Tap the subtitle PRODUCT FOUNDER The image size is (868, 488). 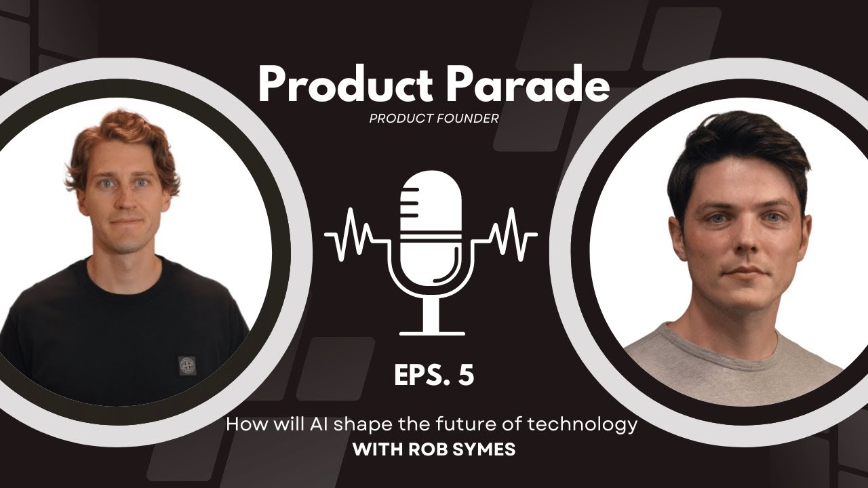434,119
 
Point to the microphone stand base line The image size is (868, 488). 432,333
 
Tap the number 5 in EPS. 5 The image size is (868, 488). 465,376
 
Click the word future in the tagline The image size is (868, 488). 463,425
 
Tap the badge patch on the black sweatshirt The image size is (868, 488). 186,365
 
